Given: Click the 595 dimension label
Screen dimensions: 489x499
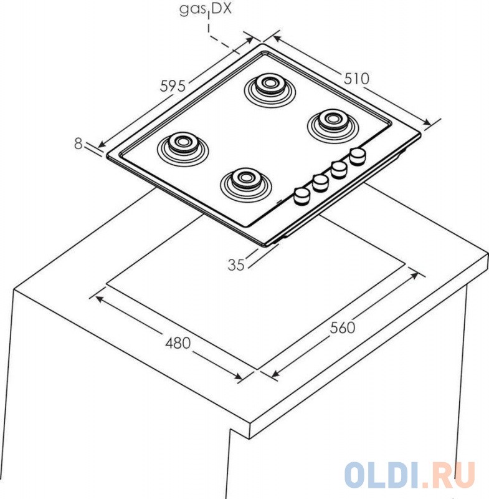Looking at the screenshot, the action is click(173, 86).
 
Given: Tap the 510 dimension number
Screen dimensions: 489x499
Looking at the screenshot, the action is click(356, 79).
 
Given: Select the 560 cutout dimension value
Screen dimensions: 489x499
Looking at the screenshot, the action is click(342, 328).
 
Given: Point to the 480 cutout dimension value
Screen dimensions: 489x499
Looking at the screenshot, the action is click(178, 343).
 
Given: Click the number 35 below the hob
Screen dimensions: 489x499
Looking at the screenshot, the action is click(236, 264).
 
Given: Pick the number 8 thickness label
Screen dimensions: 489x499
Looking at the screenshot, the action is click(78, 143).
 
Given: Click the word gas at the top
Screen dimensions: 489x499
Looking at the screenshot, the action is click(192, 9).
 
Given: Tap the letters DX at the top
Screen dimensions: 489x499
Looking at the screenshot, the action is click(222, 9).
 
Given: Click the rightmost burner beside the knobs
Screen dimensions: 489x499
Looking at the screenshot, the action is click(333, 126).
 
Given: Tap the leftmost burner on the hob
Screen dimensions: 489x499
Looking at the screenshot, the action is click(183, 148).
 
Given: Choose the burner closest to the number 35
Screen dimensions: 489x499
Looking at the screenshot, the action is click(246, 185).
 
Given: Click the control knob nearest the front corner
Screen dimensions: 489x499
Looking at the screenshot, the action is click(301, 195).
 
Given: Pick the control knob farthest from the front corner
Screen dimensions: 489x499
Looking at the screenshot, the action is click(358, 157).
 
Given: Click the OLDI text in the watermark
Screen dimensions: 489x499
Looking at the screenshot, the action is click(381, 475).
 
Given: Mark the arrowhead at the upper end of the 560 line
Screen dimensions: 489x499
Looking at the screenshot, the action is click(414, 275).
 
